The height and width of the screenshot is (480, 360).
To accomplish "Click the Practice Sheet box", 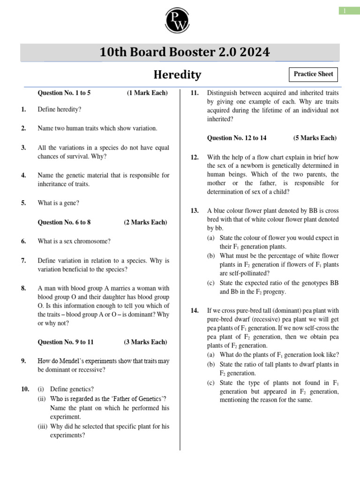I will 313,74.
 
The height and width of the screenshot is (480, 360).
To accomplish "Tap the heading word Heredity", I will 178,75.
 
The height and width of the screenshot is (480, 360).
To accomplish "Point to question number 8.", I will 23,288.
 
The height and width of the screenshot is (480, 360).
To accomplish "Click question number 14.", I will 195,310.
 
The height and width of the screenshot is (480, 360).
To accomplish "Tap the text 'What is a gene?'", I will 59,203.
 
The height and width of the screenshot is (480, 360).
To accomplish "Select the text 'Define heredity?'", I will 60,109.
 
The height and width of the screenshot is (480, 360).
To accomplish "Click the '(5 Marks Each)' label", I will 315,138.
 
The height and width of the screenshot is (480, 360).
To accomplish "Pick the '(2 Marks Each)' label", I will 145,222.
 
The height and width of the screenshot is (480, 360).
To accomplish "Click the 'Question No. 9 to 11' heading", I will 66,342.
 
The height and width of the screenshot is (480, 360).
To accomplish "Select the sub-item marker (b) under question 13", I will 211,256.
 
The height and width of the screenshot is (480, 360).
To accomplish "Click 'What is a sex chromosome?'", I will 74,241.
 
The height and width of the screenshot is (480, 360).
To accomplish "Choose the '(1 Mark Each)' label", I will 147,93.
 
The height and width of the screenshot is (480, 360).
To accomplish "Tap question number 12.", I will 195,157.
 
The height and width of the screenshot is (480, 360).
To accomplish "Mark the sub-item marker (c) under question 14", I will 211,382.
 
